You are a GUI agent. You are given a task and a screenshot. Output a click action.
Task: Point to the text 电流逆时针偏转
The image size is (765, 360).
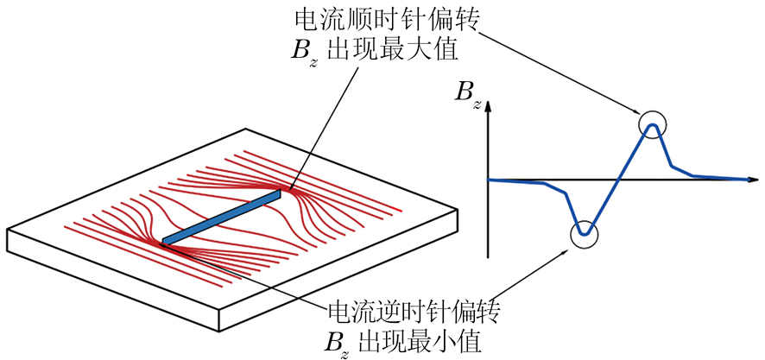point(415,308)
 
